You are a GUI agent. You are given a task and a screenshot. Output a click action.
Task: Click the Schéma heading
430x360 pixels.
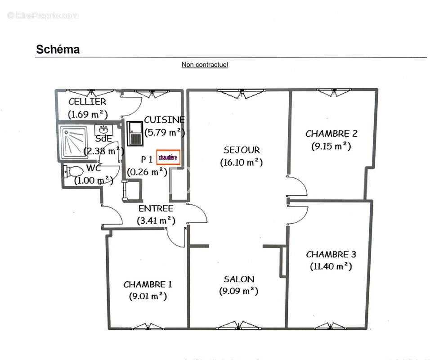coord(58,49)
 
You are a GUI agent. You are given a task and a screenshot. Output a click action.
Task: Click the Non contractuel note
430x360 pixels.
coord(205,65)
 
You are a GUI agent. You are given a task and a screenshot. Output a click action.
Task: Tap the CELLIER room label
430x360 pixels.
coord(87,102)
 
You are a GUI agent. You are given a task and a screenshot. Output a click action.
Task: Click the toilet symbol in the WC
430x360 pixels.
coord(72,171)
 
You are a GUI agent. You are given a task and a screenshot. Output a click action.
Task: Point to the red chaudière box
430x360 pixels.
coord(168,157)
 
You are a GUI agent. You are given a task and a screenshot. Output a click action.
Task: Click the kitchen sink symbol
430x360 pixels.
coord(134,134)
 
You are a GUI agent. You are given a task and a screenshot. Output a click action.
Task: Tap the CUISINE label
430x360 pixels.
coord(164,120)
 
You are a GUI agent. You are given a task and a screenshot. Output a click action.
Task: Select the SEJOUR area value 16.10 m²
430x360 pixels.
coord(242,162)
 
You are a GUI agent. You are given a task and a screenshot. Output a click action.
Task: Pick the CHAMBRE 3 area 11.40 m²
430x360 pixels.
coord(331,266)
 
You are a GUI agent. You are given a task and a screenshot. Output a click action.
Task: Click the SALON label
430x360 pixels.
coord(239,279)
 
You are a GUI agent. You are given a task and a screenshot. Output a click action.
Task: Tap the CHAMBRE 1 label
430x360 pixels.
coord(148,284)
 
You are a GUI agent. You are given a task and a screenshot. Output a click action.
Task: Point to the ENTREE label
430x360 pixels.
coord(156,209)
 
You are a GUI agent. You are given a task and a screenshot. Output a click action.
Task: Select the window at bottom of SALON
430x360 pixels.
coord(240,325)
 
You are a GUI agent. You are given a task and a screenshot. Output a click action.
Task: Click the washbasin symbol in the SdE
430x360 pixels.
coord(104,130)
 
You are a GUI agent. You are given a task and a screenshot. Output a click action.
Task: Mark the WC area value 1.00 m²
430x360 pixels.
coord(93,180)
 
